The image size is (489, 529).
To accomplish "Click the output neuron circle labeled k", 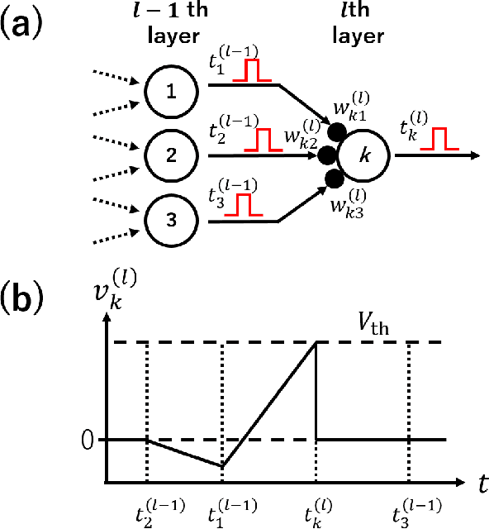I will pos(364,155).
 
